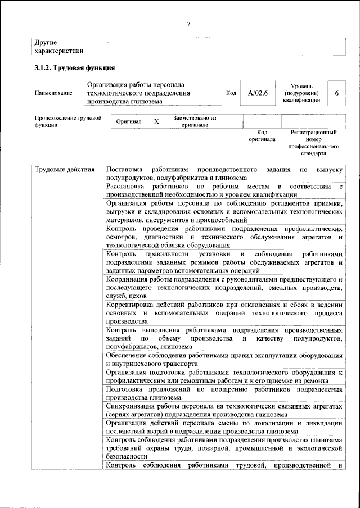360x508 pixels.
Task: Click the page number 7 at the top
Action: coord(188,23)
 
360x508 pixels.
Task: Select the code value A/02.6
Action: coord(254,93)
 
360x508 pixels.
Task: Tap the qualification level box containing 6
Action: coord(336,93)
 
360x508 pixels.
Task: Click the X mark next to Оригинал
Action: coord(156,121)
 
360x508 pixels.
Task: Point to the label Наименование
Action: coord(53,93)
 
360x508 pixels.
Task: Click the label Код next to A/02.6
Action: coord(231,93)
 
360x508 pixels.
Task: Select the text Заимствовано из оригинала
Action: coord(195,121)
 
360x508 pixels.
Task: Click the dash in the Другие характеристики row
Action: coord(107,43)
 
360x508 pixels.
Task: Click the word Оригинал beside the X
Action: coord(129,121)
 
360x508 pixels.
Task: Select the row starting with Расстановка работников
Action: coord(223,189)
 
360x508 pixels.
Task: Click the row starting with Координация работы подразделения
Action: coord(223,287)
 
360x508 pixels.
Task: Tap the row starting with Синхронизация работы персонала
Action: coord(223,410)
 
